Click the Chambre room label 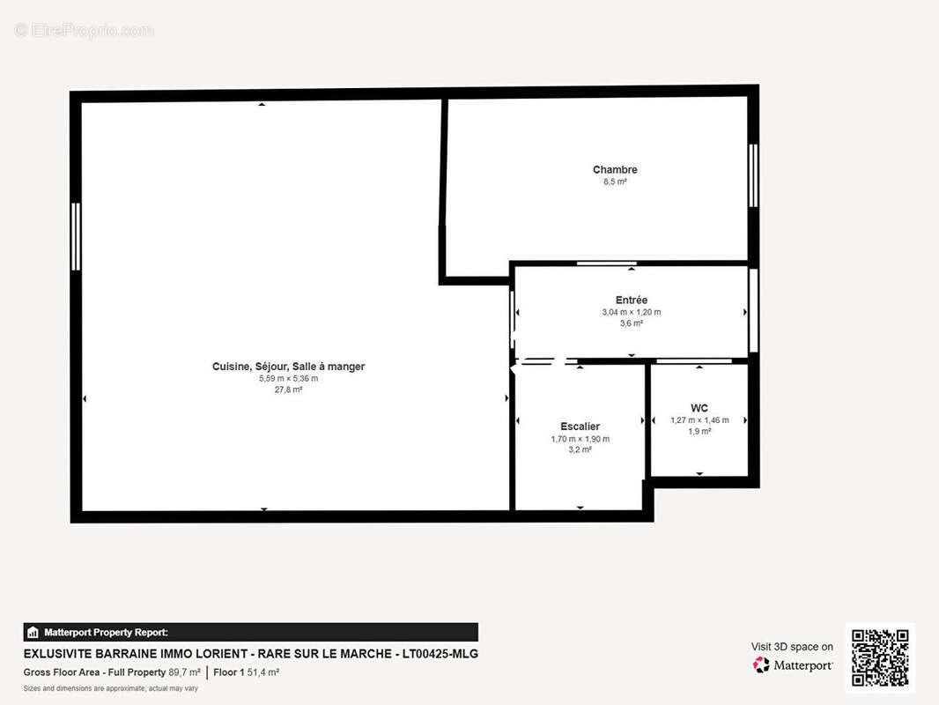coord(615,169)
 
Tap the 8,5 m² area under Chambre coord(615,182)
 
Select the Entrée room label coord(631,300)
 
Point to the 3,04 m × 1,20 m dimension coord(631,312)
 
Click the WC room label coord(699,408)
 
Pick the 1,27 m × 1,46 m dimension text coord(699,420)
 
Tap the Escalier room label coord(580,427)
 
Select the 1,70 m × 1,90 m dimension coord(580,439)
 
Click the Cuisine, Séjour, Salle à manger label coord(288,367)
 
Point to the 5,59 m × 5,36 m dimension coord(288,379)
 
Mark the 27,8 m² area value coord(288,390)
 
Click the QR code coord(879,657)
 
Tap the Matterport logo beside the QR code coord(793,665)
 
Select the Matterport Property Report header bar coord(250,632)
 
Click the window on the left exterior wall coord(76,236)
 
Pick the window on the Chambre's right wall coord(753,175)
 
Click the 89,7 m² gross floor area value coord(184,672)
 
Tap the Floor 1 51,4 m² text coord(246,672)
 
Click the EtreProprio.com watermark coord(84,31)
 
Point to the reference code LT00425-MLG coord(440,654)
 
